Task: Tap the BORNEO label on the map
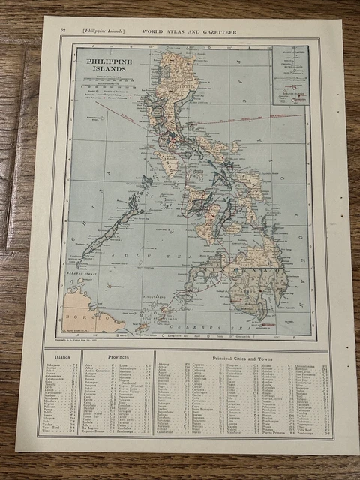point(86,317)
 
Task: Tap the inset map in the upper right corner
point(289,76)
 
